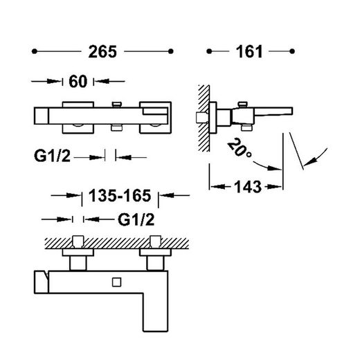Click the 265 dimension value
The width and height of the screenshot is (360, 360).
[102, 51]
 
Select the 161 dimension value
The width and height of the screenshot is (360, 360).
[249, 51]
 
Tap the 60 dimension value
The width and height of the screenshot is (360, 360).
[78, 82]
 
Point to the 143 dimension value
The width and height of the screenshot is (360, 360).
[248, 187]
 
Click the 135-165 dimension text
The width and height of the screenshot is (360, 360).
[120, 196]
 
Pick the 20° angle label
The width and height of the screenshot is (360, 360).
[240, 148]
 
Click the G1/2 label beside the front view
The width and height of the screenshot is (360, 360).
[52, 156]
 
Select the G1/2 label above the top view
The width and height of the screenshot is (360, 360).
[136, 219]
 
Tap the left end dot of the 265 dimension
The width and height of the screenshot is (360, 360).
[35, 51]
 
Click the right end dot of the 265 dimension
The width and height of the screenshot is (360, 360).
[171, 51]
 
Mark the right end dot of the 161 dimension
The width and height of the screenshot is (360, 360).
[292, 51]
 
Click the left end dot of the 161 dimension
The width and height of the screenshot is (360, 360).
[209, 51]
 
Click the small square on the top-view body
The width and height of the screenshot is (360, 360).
[117, 282]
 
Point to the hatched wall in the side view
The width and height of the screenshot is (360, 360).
[204, 118]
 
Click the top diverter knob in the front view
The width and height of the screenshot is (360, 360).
[116, 105]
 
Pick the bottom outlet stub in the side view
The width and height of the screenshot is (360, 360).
[246, 127]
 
